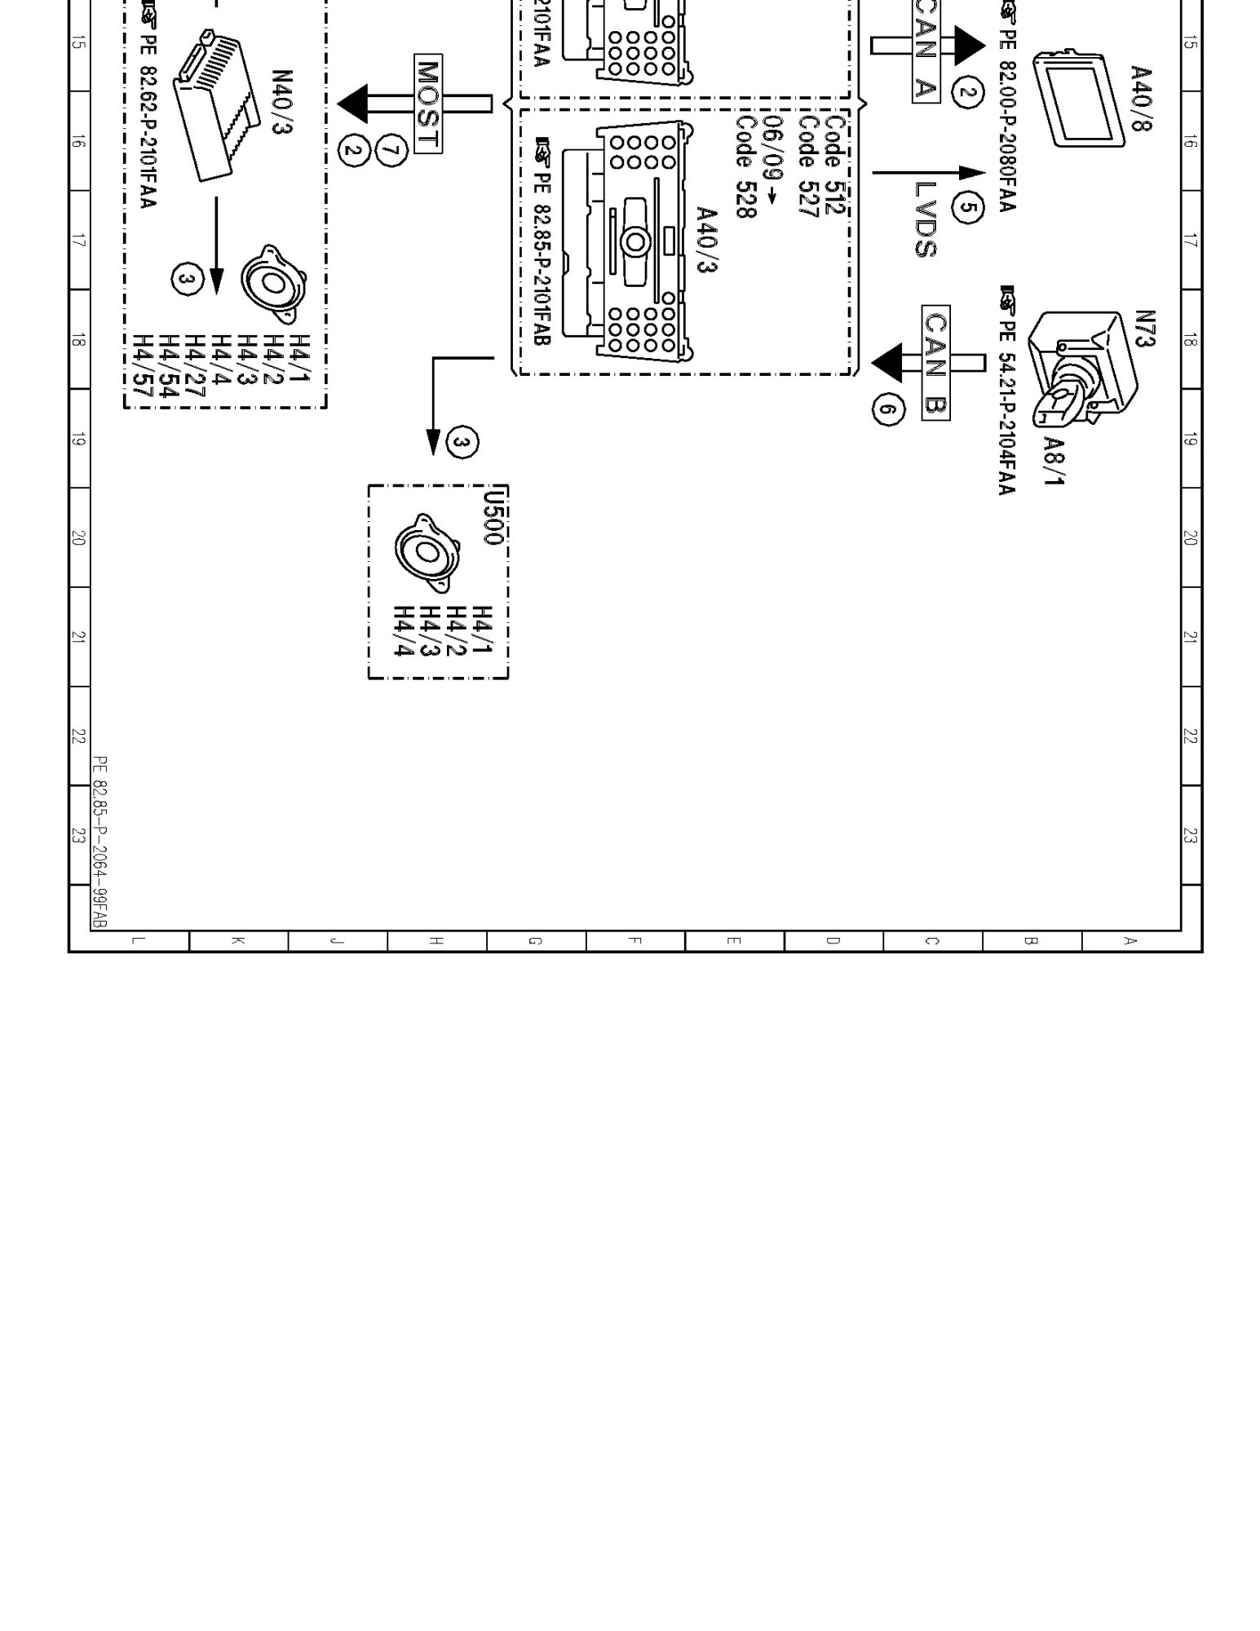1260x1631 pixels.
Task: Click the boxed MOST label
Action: click(x=428, y=105)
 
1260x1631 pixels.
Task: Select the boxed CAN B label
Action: click(x=935, y=363)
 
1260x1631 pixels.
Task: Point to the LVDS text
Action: click(x=926, y=219)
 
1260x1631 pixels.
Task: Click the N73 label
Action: click(x=1146, y=329)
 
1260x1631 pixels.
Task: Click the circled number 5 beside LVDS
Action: click(x=967, y=208)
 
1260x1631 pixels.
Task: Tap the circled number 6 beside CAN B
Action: click(x=888, y=409)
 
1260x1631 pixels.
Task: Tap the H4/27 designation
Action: click(x=196, y=369)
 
